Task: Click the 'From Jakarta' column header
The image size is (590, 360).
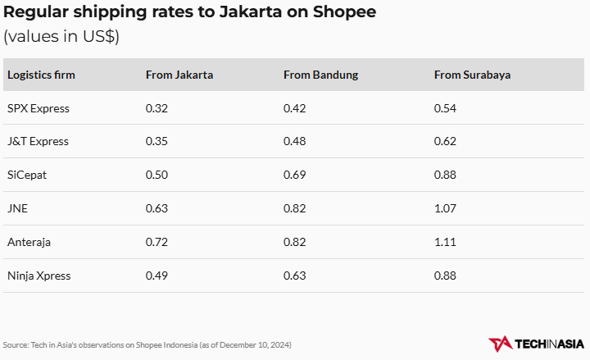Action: tap(179, 75)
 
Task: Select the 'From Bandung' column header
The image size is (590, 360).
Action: tap(320, 75)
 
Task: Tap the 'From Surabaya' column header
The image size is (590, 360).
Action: tap(472, 75)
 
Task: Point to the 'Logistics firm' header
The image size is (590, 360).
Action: tap(41, 75)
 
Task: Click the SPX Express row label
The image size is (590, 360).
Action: tap(39, 108)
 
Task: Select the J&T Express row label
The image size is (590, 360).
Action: tap(38, 142)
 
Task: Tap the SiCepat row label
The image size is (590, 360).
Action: tap(27, 175)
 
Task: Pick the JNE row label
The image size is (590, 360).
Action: tap(17, 208)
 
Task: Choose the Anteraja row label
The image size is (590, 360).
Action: tap(29, 242)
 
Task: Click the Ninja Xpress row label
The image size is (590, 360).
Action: tap(39, 276)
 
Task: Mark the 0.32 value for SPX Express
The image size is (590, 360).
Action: tap(157, 108)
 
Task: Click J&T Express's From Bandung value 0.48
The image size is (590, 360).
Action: tap(294, 142)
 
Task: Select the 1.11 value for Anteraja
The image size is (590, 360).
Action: tap(445, 242)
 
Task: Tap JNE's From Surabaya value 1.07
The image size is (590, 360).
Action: tap(445, 208)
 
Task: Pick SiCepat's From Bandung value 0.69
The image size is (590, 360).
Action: tap(294, 175)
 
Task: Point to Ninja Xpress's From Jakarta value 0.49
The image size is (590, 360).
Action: tap(157, 276)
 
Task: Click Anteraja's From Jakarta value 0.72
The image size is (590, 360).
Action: tap(157, 242)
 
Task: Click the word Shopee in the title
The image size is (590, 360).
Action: tap(347, 14)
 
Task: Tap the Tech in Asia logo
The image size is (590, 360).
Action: tap(536, 344)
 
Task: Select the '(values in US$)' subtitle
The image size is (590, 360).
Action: tap(61, 37)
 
